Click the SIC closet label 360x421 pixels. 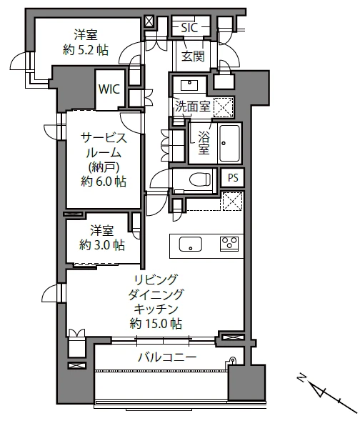point(189,27)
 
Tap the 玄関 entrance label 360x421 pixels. point(193,56)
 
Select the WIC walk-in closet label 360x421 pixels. point(109,89)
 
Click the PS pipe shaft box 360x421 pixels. point(233,178)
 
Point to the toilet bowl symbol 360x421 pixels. point(200,179)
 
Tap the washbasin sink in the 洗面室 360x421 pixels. point(189,85)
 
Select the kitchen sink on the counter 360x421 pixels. point(191,244)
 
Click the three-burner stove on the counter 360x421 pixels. point(229,244)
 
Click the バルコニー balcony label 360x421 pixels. point(167,357)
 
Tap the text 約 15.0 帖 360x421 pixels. point(156,323)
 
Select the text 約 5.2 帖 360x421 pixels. point(86,50)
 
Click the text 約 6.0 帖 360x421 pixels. point(104,182)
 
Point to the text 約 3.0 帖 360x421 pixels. point(102,245)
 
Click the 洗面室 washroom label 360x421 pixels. point(192,107)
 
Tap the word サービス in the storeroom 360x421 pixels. point(104,138)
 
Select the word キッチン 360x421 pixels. point(156,309)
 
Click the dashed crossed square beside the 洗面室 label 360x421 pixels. point(223,107)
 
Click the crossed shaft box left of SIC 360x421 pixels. point(149,21)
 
